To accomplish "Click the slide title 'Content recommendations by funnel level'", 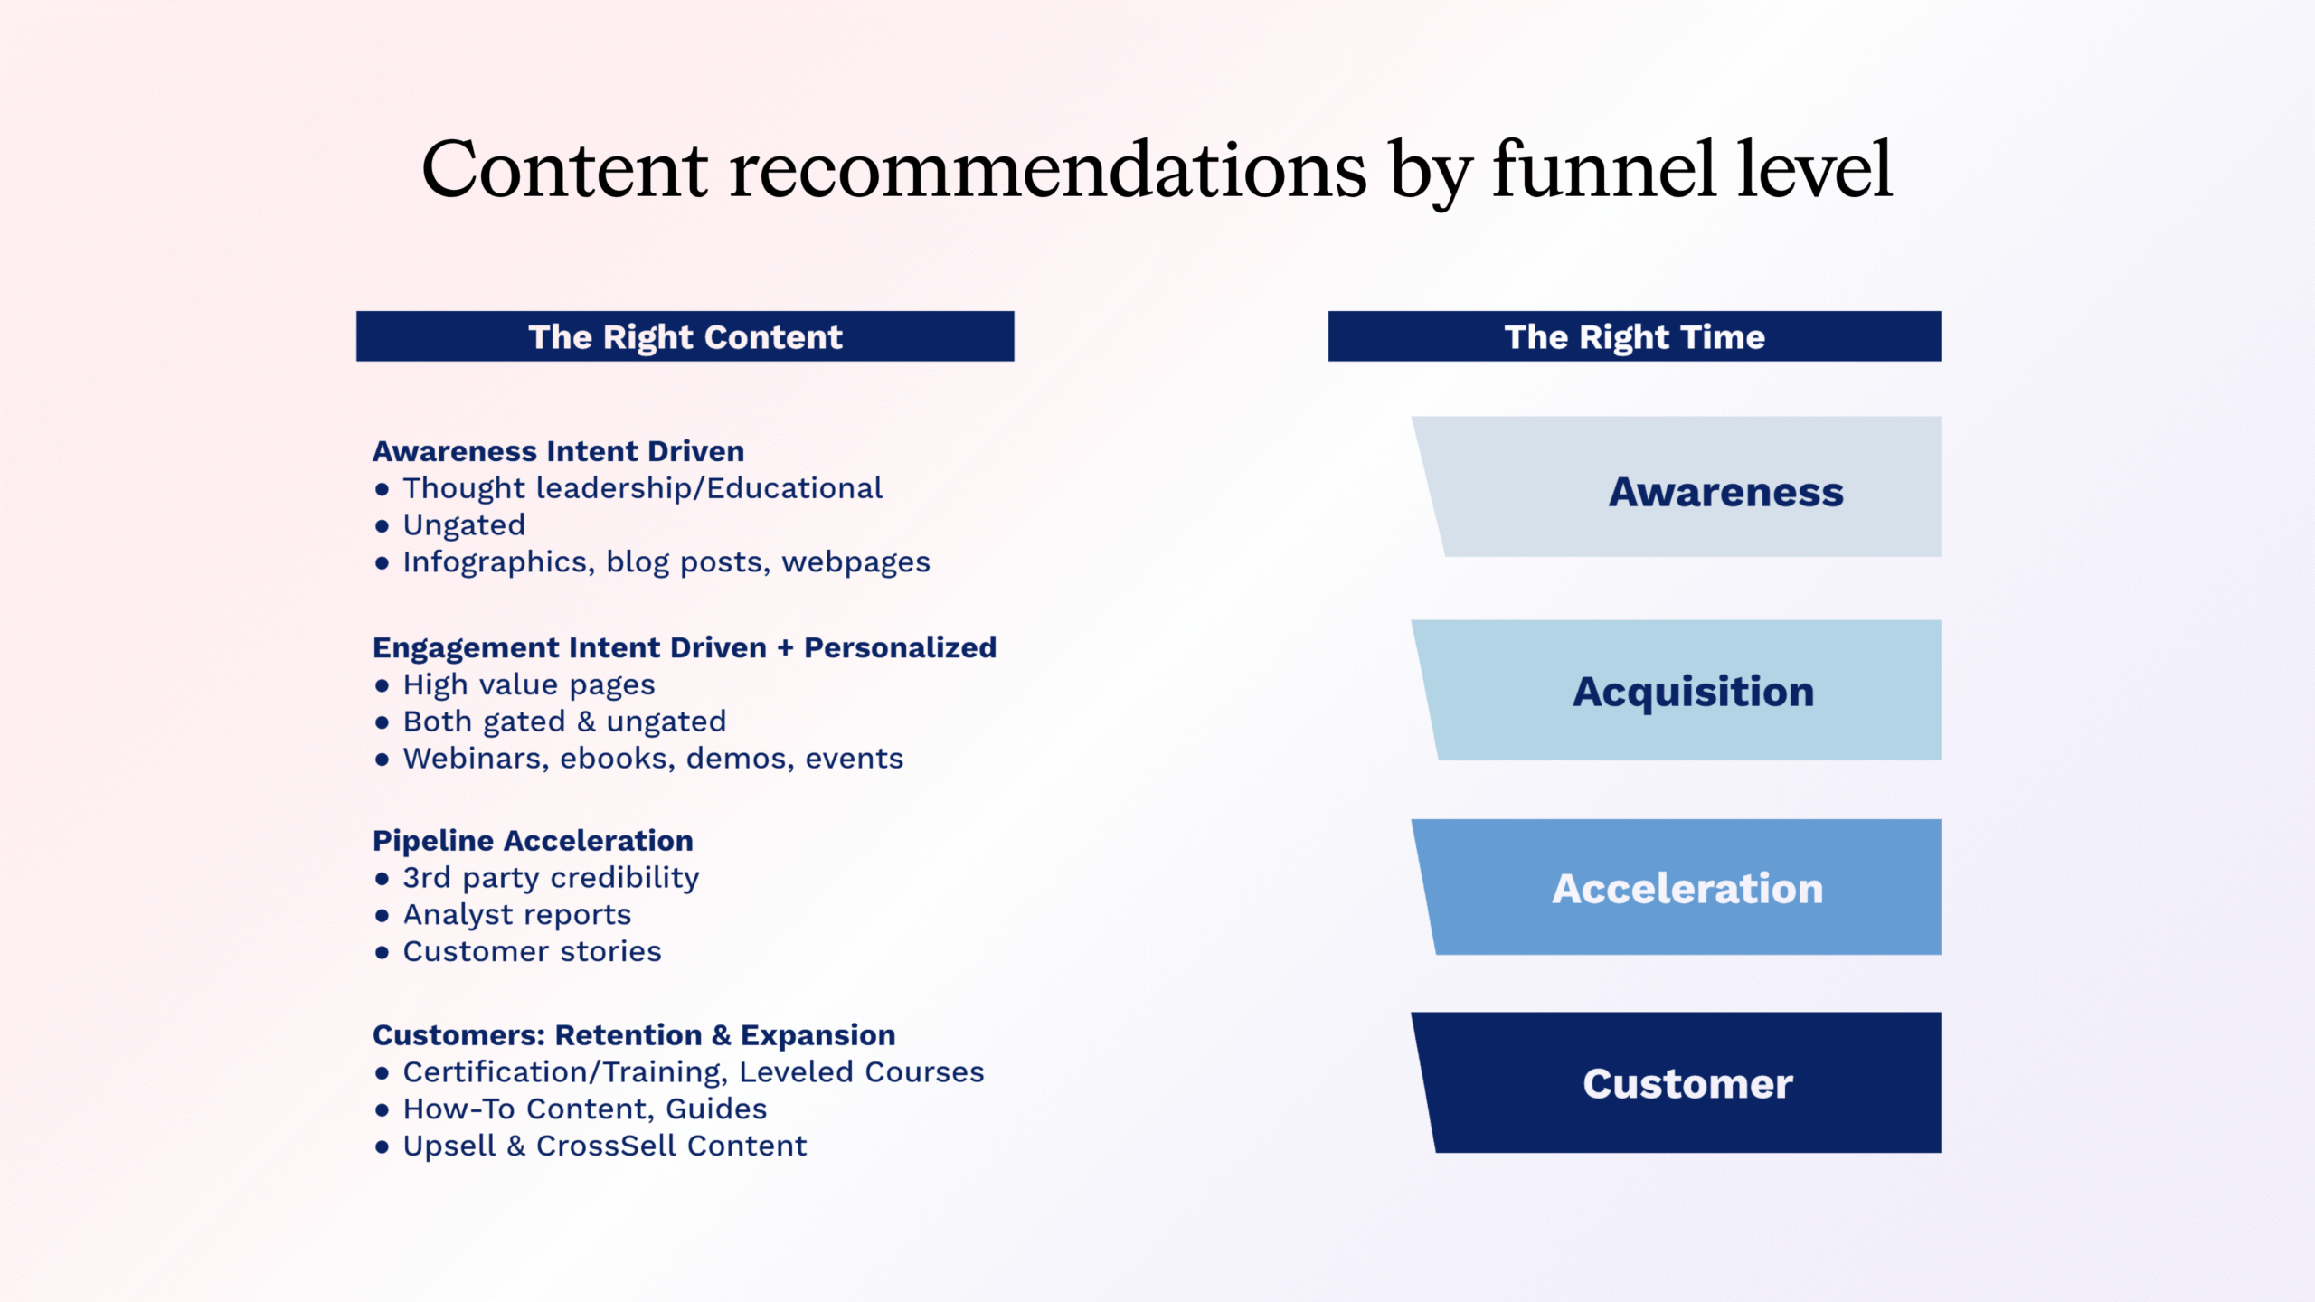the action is coord(1157,169).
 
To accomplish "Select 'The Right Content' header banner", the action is coord(685,336).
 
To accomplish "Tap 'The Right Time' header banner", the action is coord(1634,336).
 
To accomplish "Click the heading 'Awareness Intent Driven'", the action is coord(558,451).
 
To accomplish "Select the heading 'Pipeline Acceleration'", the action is coord(533,841).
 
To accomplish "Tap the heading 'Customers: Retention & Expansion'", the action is coord(634,1034).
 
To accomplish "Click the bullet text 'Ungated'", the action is coord(464,525).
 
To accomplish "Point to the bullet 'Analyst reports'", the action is coord(517,915).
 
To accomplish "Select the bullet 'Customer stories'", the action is coord(532,951).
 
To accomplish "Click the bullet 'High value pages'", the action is coord(529,685).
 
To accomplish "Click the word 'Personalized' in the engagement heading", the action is coord(900,647).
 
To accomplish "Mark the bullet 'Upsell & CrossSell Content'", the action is coord(604,1146).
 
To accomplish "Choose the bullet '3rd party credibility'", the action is coord(551,878).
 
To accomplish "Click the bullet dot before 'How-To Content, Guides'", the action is coord(382,1110).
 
